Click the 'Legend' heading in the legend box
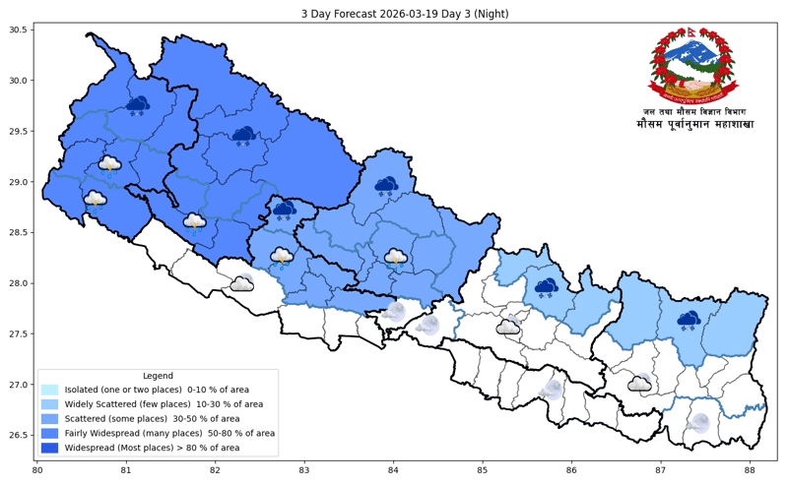click(158, 376)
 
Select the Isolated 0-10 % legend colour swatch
click(50, 390)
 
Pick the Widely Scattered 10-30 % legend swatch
click(50, 404)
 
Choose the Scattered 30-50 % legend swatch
click(50, 419)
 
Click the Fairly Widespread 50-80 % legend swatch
click(50, 433)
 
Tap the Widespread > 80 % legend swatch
click(50, 448)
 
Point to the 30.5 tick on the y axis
click(18, 30)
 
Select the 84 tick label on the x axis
click(394, 471)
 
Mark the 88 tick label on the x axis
click(751, 471)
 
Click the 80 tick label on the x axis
click(37, 471)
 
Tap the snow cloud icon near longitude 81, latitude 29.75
click(138, 104)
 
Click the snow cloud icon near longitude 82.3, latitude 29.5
click(244, 135)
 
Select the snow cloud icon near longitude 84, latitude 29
click(386, 185)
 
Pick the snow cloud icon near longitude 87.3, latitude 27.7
click(689, 319)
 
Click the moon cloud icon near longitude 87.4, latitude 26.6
click(699, 423)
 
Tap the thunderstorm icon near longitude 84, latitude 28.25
click(396, 258)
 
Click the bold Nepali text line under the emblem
click(694, 125)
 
